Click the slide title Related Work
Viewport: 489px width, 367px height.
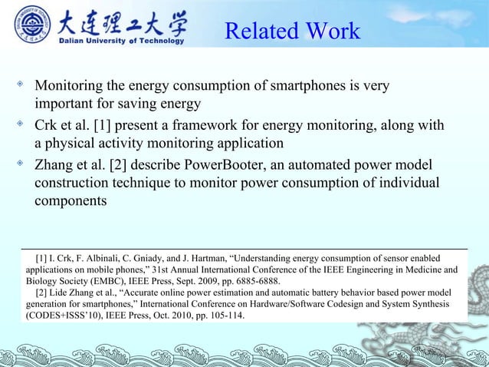[292, 31]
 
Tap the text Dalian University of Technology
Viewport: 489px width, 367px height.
[123, 41]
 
